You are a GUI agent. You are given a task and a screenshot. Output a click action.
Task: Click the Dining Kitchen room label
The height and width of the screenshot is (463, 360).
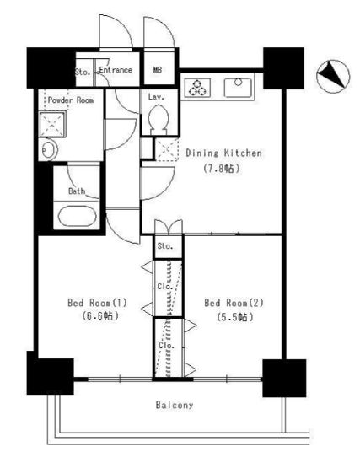(223, 153)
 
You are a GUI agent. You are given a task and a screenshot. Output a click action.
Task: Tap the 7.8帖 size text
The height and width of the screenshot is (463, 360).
(221, 169)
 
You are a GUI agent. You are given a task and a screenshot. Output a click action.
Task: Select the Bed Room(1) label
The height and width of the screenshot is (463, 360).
(97, 303)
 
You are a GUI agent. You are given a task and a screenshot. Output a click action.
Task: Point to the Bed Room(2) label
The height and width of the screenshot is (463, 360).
(234, 303)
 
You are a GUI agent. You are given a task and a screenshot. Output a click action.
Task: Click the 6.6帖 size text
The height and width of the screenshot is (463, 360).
(100, 316)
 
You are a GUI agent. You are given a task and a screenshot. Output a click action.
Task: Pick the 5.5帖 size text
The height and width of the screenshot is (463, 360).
(235, 317)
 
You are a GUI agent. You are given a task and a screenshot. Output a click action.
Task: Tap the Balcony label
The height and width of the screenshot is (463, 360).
(175, 405)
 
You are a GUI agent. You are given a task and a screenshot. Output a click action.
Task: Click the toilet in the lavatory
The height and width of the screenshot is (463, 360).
(159, 120)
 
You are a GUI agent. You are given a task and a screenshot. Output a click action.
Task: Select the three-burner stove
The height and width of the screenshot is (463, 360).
(197, 88)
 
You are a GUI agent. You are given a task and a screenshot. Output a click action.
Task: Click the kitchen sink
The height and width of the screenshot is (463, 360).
(239, 88)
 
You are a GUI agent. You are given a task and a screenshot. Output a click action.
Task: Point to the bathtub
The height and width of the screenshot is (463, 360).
(77, 216)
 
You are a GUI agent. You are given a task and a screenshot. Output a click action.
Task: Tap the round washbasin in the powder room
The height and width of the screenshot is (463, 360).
(47, 150)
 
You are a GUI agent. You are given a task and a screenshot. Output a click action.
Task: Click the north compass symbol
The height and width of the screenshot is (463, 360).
(333, 76)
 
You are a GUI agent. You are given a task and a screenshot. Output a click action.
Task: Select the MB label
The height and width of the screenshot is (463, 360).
(158, 70)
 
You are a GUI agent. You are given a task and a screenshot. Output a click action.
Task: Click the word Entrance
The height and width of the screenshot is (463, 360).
(116, 70)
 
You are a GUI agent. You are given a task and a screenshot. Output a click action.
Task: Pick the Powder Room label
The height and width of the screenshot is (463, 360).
(71, 100)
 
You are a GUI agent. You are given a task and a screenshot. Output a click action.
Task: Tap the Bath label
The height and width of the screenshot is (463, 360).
(77, 191)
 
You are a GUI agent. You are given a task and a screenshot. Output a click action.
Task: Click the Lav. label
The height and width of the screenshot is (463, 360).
(156, 97)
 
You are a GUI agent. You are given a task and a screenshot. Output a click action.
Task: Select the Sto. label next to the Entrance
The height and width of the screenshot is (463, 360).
(83, 72)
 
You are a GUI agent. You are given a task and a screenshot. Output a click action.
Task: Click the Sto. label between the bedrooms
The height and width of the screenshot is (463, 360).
(165, 246)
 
